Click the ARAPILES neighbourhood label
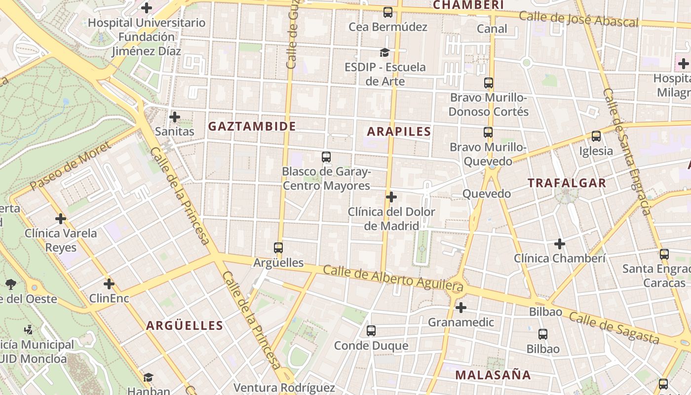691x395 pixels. pos(399,131)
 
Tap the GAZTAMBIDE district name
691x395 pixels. pos(252,126)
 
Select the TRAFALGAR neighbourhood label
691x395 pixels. pos(567,183)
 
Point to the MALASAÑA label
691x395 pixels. pos(493,375)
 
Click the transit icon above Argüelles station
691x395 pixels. pos(278,248)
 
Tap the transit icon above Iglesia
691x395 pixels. pos(596,136)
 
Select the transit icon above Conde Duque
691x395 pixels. pos(371,331)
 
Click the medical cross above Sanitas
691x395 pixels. pos(174,117)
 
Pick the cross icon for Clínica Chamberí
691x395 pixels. pos(559,243)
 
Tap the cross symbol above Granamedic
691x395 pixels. pos(461,308)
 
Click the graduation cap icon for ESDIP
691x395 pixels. pos(384,52)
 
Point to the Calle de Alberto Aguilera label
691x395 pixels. pos(393,278)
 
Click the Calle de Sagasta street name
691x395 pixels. pos(614,328)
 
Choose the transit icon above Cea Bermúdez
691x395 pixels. pos(388,12)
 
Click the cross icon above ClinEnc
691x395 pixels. pos(109,284)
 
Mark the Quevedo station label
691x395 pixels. pos(486,194)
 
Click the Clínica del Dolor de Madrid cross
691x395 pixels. pos(391,197)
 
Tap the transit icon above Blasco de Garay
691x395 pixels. pos(326,157)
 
